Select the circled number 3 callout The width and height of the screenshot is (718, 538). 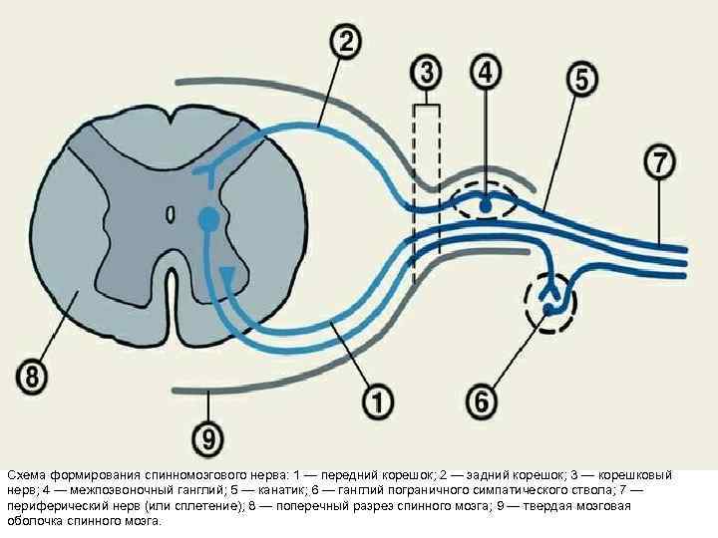427,73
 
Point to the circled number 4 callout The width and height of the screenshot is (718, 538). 486,73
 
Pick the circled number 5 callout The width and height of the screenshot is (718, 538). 582,79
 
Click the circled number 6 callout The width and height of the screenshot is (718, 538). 482,402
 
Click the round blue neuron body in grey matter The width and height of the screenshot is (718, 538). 208,218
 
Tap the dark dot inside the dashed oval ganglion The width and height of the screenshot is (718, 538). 486,205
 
